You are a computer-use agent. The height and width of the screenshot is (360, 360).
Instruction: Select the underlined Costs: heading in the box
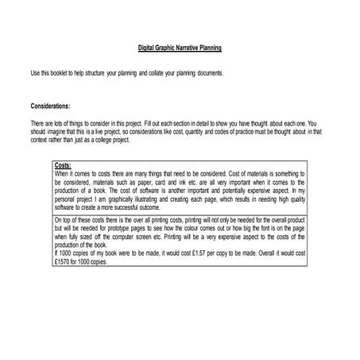[x=64, y=165]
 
